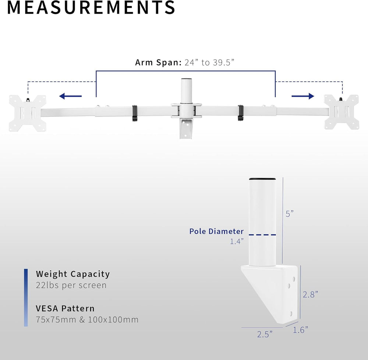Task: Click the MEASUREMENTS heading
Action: coord(91,7)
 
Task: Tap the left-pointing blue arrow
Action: coord(70,96)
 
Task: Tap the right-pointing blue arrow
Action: coord(303,96)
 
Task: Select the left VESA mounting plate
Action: coord(28,113)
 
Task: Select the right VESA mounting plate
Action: coord(341,112)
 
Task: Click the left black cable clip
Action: coord(135,113)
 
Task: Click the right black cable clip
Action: coord(241,113)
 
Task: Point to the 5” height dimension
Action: coord(290,213)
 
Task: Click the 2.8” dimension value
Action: coord(310,294)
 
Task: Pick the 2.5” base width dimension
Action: coord(265,334)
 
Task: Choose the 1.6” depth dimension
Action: coord(300,330)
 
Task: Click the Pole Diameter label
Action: coord(216,231)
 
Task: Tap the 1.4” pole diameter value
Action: coord(237,241)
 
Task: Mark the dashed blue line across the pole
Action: coord(262,235)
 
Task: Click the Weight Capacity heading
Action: coord(73,274)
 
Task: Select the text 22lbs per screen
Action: coord(71,285)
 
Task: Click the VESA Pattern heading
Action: coord(65,308)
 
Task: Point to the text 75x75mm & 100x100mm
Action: coord(87,319)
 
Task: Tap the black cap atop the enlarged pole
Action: coord(262,179)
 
